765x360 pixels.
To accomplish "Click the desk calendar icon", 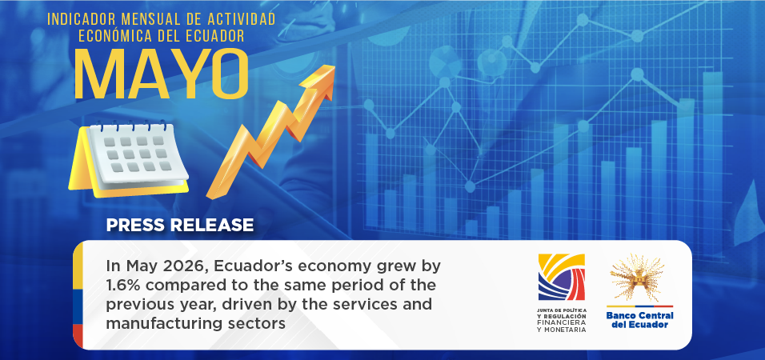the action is coord(129,159).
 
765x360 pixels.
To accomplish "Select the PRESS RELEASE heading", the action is coord(180,225).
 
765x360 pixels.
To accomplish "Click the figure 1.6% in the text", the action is coord(121,285).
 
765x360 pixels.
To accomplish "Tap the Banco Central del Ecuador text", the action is coord(639,320).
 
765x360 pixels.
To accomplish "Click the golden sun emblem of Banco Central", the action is coord(637,278).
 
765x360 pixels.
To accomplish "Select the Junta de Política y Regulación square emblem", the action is coord(561,277).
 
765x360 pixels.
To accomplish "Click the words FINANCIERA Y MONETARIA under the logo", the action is coord(561,327).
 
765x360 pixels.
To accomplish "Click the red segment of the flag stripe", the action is coord(78,336).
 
